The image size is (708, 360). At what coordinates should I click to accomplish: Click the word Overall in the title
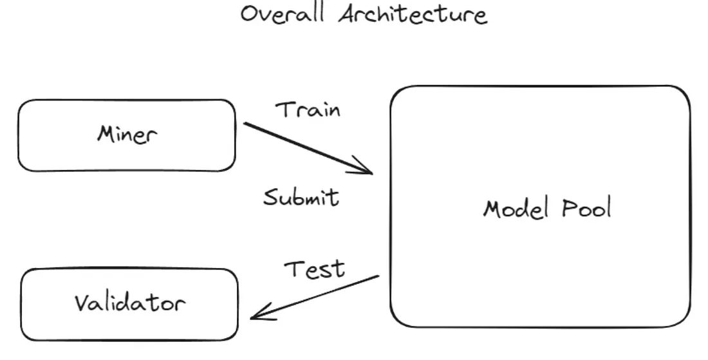pos(283,14)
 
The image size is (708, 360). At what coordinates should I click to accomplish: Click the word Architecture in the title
pos(413,14)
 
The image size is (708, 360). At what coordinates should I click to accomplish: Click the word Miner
pos(127,135)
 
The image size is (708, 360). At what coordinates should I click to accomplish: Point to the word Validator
pos(130,303)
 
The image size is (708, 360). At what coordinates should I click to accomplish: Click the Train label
pos(308,110)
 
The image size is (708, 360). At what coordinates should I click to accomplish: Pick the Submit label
pos(301,198)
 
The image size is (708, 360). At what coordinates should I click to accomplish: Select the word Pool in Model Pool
pos(586,207)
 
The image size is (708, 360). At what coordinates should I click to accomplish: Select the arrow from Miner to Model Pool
pos(308,148)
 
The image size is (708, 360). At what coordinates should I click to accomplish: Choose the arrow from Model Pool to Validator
pos(315,297)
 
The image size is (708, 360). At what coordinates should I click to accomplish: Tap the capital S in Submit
pos(272,198)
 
